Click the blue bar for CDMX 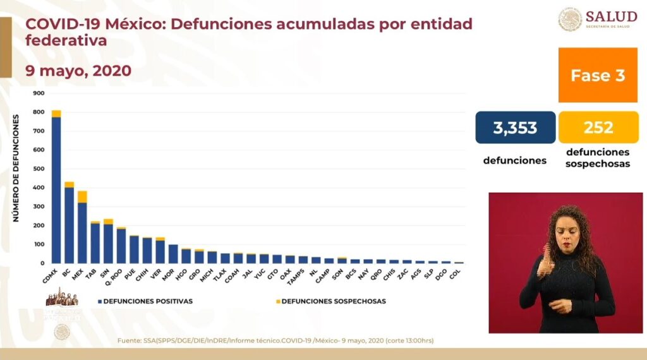click(56, 189)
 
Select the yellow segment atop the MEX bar click(82, 196)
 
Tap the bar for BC click(69, 224)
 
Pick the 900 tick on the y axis click(39, 93)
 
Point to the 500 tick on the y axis click(39, 169)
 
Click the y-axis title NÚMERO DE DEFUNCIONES click(16, 168)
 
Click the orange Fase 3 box click(598, 75)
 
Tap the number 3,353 click(515, 128)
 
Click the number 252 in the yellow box click(598, 128)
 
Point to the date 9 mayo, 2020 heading click(78, 71)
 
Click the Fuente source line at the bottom click(275, 341)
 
